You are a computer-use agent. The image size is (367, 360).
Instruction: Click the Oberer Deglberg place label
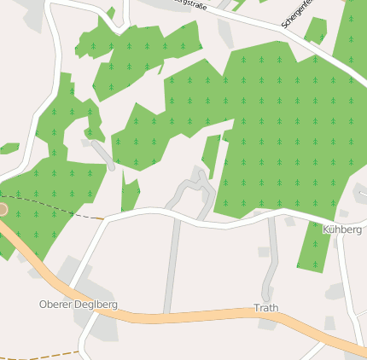tap(79, 304)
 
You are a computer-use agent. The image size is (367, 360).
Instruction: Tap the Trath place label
tap(265, 308)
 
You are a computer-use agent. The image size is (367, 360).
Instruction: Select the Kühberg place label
tap(341, 230)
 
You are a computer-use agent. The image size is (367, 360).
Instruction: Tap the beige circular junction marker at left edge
tap(2, 208)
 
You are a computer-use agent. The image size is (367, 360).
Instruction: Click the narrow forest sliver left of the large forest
tap(211, 155)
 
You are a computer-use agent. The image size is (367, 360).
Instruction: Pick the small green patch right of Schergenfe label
tap(317, 31)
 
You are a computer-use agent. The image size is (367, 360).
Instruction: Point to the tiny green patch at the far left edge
tap(9, 148)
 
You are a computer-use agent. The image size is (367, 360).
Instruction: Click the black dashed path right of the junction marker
tap(51, 210)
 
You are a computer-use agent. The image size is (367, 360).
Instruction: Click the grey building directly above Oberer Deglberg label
tap(68, 271)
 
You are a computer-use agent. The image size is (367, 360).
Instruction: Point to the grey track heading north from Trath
tap(272, 256)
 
